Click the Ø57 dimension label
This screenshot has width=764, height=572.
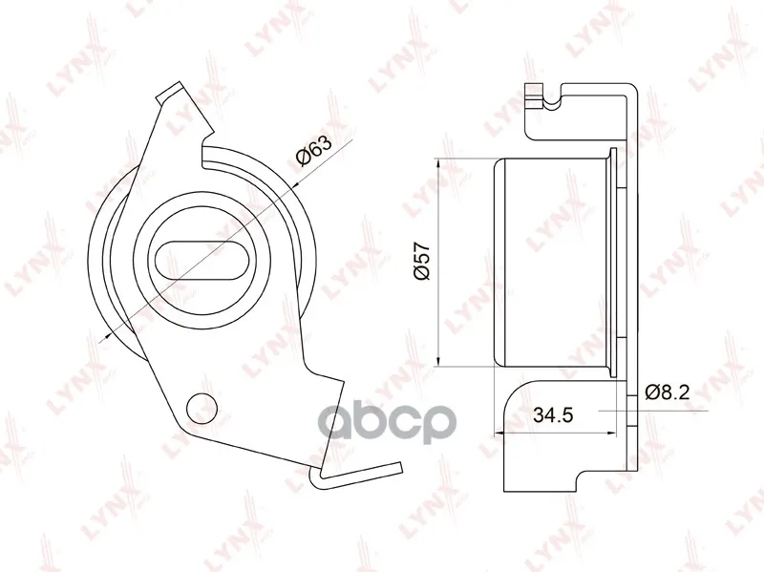coord(422,260)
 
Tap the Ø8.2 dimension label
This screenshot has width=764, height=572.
coord(667,392)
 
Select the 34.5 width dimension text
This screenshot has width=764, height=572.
coord(553,415)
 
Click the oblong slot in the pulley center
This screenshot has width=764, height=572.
coord(202,260)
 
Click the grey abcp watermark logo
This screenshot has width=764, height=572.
coord(388,421)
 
